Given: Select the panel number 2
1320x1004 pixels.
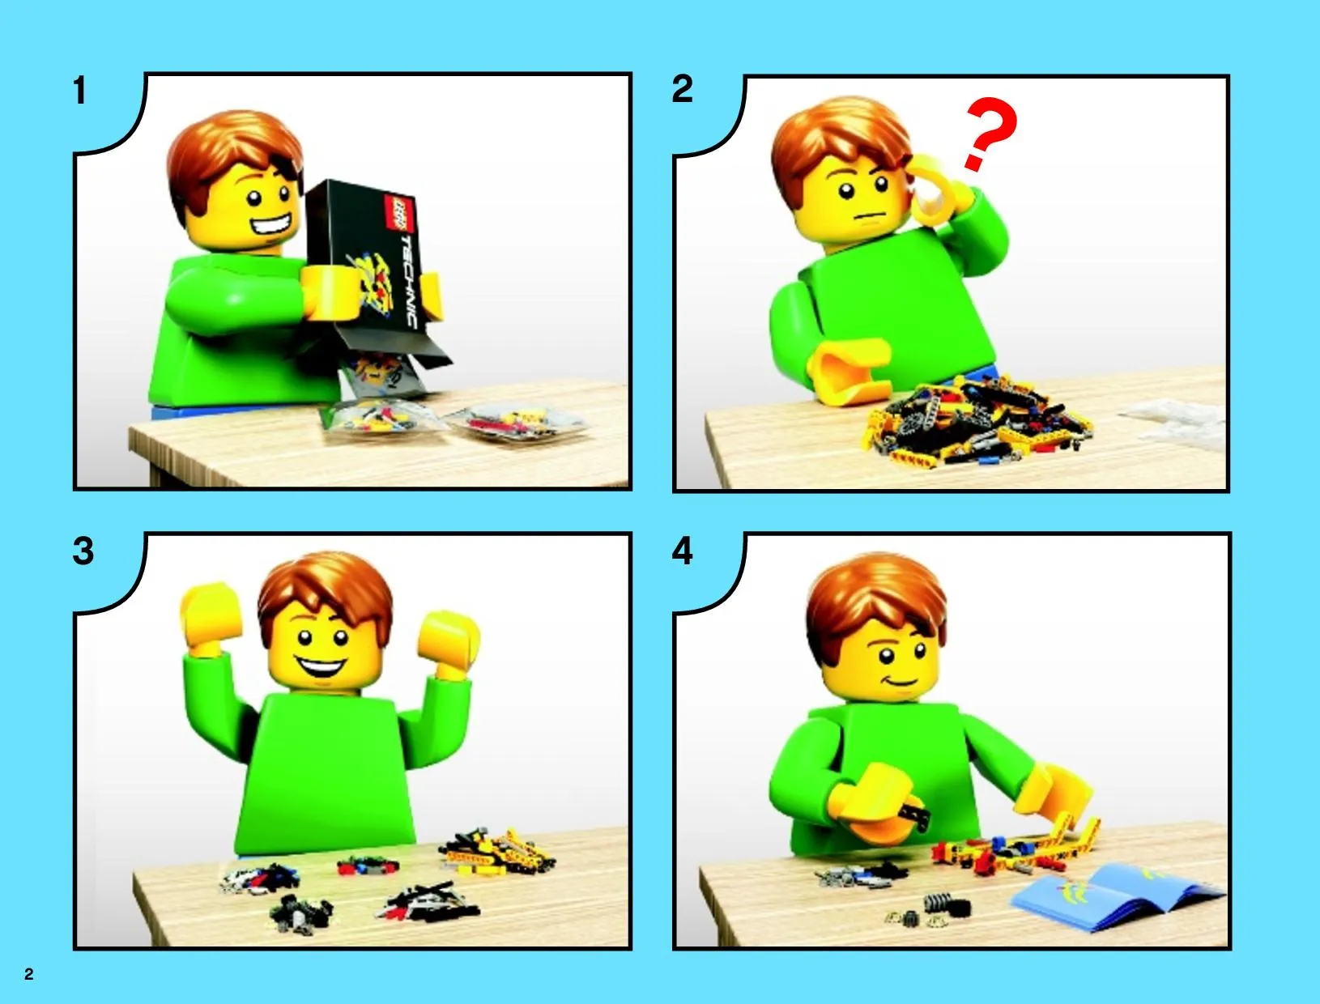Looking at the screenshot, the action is pos(682,89).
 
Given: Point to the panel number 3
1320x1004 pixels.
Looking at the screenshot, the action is pos(83,551).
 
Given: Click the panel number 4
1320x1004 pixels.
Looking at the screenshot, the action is pos(682,551).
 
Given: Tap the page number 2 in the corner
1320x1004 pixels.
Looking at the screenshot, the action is pos(29,975).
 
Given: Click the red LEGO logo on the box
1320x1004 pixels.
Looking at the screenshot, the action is pos(399,215).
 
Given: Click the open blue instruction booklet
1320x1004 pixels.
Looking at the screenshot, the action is pos(1117,897).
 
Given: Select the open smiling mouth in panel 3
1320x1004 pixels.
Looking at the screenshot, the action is pos(321,666).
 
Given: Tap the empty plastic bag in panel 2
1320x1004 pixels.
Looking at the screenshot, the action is pos(1173,424).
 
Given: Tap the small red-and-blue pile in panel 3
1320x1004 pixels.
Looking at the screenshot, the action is pos(368,866).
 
